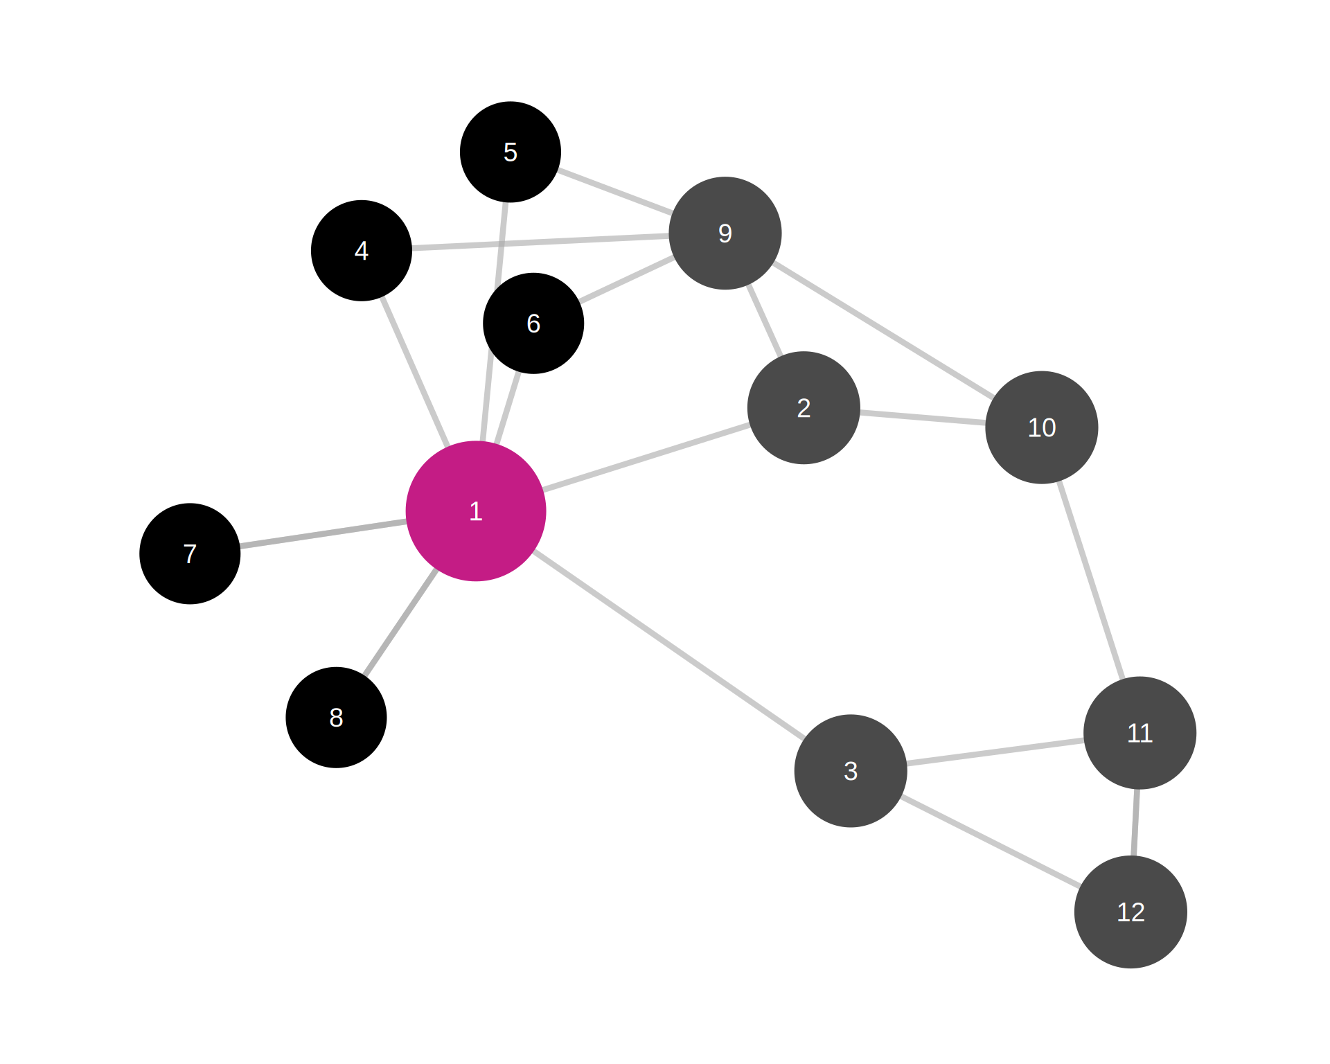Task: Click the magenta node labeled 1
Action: pyautogui.click(x=476, y=511)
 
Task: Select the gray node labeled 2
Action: pyautogui.click(x=804, y=408)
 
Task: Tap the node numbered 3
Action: pyautogui.click(x=851, y=771)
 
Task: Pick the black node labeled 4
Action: pyautogui.click(x=362, y=251)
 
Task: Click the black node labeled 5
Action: pyautogui.click(x=511, y=152)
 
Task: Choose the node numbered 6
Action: pyautogui.click(x=533, y=323)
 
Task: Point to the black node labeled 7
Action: pyautogui.click(x=190, y=553)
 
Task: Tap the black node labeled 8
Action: pyautogui.click(x=336, y=718)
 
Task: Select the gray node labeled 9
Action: pyautogui.click(x=725, y=233)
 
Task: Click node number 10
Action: pyautogui.click(x=1042, y=427)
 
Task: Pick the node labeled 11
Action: pyautogui.click(x=1140, y=733)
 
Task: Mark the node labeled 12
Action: pyautogui.click(x=1130, y=912)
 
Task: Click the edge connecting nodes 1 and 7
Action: pyautogui.click(x=323, y=535)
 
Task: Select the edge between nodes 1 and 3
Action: pyautogui.click(x=668, y=644)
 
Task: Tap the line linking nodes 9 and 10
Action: pyautogui.click(x=883, y=330)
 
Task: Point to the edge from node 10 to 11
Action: pyautogui.click(x=1091, y=580)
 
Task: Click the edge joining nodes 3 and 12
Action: pyautogui.click(x=991, y=842)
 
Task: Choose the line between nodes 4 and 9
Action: pyautogui.click(x=540, y=242)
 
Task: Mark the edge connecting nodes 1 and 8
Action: pyautogui.click(x=400, y=622)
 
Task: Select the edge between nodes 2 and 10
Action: pyautogui.click(x=923, y=418)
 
